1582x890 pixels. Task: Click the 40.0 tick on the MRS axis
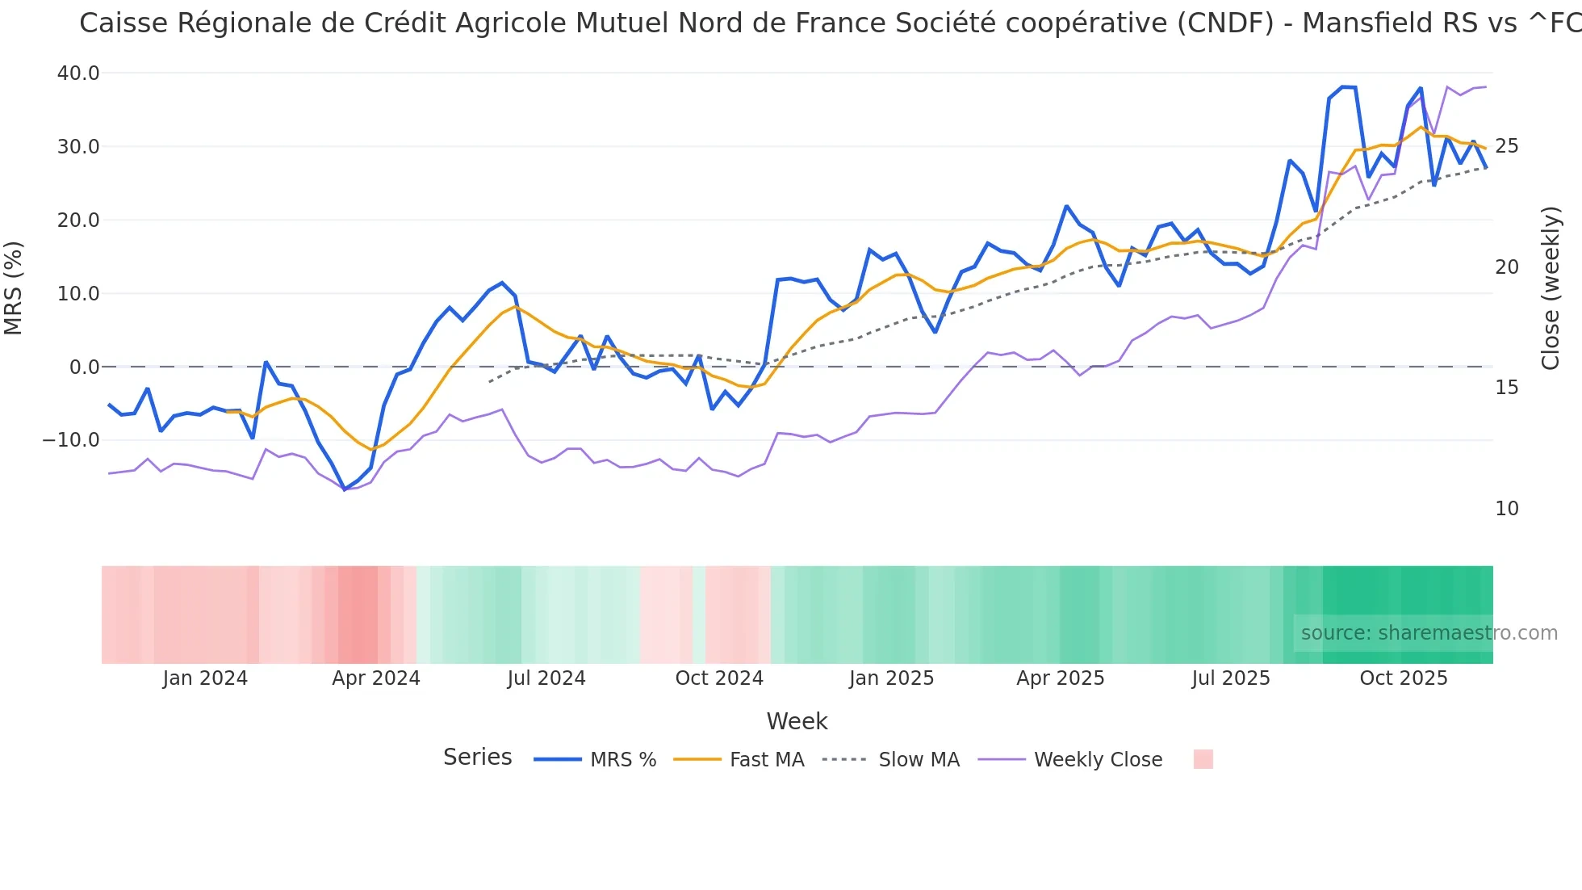78,73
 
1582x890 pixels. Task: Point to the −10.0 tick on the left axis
71,440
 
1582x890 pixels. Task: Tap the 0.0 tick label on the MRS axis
84,367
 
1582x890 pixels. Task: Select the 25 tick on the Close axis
1506,146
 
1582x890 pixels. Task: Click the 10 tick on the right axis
1506,509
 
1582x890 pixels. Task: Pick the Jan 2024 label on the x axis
205,678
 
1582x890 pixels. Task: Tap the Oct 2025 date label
1404,678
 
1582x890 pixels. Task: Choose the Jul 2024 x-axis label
546,678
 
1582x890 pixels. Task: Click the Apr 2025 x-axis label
1061,678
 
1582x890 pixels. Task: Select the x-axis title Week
797,721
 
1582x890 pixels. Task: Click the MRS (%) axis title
14,288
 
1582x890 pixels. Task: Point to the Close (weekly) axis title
1551,288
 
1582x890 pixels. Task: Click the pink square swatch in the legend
1203,759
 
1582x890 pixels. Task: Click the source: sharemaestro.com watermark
1429,633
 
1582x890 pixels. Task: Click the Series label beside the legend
478,758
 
